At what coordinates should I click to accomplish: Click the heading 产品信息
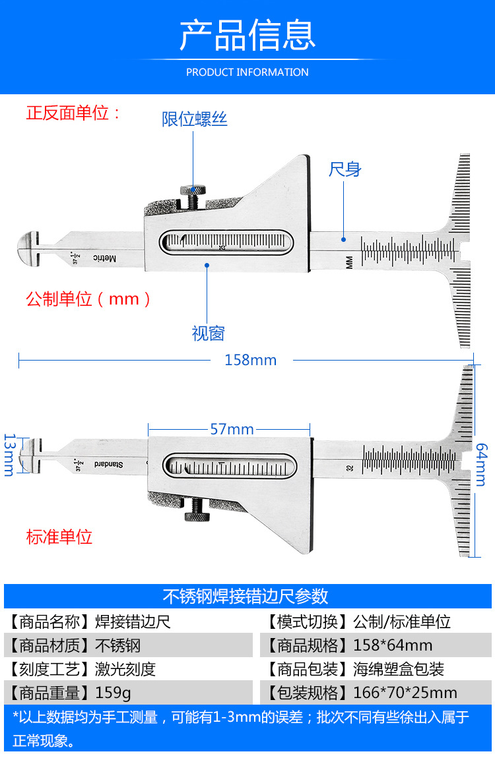click(247, 36)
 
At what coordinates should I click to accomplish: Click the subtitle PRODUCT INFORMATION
click(247, 72)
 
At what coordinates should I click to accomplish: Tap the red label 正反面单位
click(73, 113)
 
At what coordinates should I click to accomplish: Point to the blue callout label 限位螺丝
click(195, 119)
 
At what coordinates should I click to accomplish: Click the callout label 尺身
click(345, 169)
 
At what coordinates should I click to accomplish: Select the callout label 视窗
click(208, 334)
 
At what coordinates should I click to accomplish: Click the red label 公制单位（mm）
click(89, 299)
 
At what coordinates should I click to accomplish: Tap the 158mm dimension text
click(250, 360)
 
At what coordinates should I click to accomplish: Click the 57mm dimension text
click(232, 429)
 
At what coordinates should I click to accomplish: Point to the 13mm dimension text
click(9, 454)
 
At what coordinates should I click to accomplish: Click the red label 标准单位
click(59, 537)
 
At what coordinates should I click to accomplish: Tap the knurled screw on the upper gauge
click(193, 196)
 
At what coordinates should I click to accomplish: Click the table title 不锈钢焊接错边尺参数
click(246, 597)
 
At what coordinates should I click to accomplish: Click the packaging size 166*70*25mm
click(405, 693)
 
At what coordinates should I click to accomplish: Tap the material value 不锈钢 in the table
click(118, 645)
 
